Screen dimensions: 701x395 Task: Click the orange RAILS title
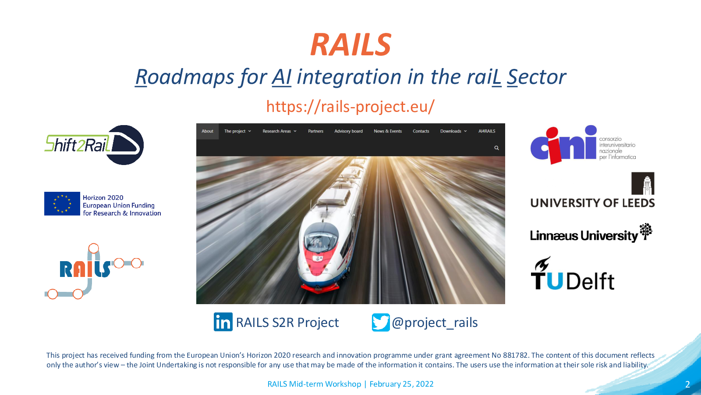(x=350, y=44)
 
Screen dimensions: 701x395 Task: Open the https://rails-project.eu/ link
(x=350, y=107)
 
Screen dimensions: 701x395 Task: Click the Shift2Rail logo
(x=94, y=145)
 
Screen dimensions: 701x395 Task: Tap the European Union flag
(x=62, y=204)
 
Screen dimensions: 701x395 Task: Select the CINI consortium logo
(x=583, y=144)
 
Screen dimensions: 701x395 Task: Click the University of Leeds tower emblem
(x=643, y=183)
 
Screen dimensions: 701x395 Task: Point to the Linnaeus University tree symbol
(x=646, y=232)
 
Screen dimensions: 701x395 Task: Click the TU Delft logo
(x=572, y=273)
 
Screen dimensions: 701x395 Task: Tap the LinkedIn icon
(x=223, y=322)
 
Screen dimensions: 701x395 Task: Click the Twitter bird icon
(x=381, y=322)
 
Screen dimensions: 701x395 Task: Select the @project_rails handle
(x=435, y=323)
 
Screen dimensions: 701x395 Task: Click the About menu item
(x=207, y=131)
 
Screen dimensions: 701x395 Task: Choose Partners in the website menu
(x=315, y=131)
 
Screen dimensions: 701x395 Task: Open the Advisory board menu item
(x=348, y=131)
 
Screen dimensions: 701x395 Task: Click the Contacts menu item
(x=421, y=131)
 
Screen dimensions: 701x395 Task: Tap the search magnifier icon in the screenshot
(x=496, y=147)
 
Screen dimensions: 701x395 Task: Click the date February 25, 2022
(x=401, y=384)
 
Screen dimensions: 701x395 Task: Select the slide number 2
(x=687, y=384)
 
